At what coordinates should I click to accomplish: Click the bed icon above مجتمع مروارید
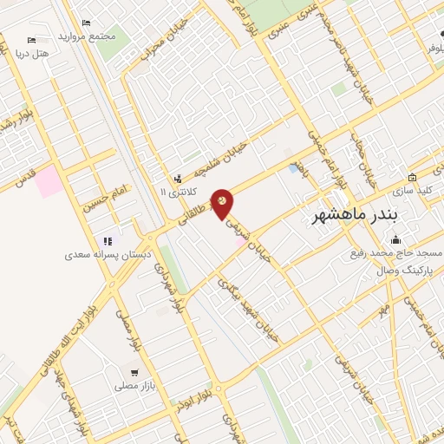(x=85, y=23)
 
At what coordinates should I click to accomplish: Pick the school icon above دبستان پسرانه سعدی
(x=108, y=241)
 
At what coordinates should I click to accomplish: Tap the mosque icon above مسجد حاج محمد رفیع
(x=396, y=240)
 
